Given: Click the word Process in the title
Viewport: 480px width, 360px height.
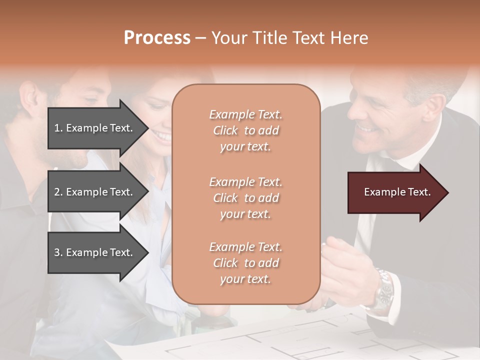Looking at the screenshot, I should [x=157, y=38].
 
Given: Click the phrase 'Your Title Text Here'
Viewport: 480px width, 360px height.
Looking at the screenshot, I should [x=289, y=38].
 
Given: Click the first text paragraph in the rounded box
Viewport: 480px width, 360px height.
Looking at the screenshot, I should [x=245, y=130].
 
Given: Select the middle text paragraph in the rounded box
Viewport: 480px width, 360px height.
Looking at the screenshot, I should [x=245, y=198].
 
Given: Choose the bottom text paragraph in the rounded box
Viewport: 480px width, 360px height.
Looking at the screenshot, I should [x=245, y=263].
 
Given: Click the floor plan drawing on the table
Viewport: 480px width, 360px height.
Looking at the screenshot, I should [x=310, y=340].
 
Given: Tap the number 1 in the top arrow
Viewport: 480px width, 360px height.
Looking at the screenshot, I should [x=57, y=128].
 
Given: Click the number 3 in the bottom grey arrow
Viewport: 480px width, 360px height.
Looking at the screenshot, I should [x=57, y=252].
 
